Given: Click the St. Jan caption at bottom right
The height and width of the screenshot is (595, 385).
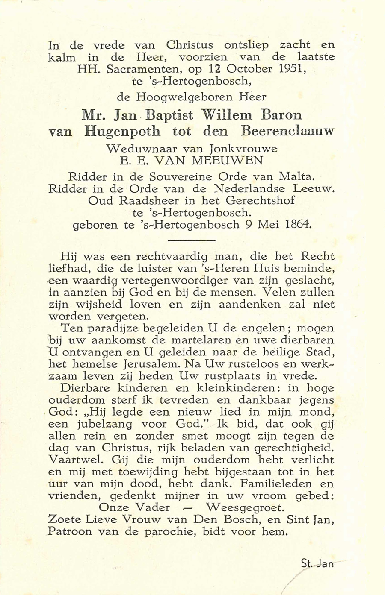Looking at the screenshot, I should click(317, 563).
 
